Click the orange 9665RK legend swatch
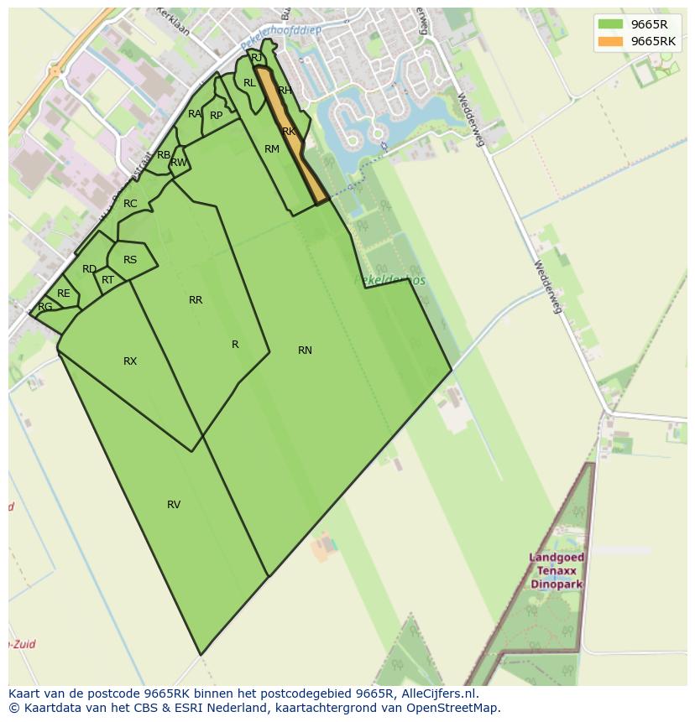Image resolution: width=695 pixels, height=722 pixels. pyautogui.click(x=610, y=41)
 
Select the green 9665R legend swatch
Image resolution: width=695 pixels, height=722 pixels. pyautogui.click(x=610, y=24)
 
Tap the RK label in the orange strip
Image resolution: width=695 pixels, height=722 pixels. pyautogui.click(x=289, y=132)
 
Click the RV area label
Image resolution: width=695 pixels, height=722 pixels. pyautogui.click(x=174, y=505)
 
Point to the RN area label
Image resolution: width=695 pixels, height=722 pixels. pyautogui.click(x=305, y=351)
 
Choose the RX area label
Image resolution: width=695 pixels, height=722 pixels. pyautogui.click(x=130, y=361)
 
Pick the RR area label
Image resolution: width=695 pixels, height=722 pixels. pyautogui.click(x=196, y=300)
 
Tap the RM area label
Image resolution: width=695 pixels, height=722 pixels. pyautogui.click(x=272, y=149)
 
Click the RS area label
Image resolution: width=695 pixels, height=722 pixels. pyautogui.click(x=130, y=260)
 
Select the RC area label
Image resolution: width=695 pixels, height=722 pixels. pyautogui.click(x=130, y=204)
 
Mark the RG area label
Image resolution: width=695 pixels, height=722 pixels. pyautogui.click(x=45, y=307)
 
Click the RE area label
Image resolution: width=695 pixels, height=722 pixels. pyautogui.click(x=64, y=293)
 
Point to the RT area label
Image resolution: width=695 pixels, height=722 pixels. pyautogui.click(x=107, y=280)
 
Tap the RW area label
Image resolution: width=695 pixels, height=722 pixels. pyautogui.click(x=179, y=163)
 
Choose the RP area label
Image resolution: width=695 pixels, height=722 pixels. pyautogui.click(x=217, y=116)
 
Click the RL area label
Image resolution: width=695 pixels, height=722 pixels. pyautogui.click(x=249, y=83)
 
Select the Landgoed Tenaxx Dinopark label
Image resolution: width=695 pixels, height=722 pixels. pyautogui.click(x=557, y=570)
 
